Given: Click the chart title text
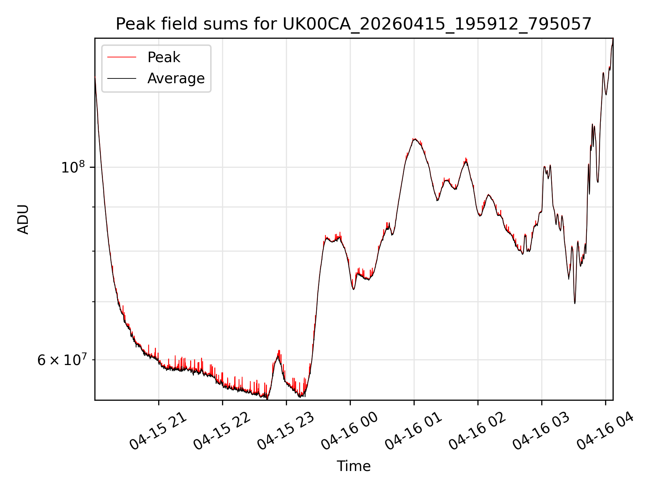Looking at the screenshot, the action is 354,24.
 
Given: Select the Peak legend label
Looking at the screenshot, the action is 164,57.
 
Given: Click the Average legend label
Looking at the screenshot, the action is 176,78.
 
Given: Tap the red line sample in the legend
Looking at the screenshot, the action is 122,57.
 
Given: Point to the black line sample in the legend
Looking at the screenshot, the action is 122,78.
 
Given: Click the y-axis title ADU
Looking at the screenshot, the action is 23,219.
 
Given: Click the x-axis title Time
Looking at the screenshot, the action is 354,466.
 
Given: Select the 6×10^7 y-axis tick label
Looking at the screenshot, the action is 62,359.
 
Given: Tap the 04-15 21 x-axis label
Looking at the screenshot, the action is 158,431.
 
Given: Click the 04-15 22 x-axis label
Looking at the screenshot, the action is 222,431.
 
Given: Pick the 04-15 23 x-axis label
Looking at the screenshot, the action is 286,431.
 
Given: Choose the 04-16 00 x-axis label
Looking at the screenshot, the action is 350,431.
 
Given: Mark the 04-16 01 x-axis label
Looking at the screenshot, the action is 414,431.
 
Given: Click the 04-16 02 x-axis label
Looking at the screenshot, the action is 477,431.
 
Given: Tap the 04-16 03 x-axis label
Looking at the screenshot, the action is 541,431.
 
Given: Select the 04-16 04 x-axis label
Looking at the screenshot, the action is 605,431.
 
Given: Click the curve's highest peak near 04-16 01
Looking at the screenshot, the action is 414,139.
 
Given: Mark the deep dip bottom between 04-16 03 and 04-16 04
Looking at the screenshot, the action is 575,303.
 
